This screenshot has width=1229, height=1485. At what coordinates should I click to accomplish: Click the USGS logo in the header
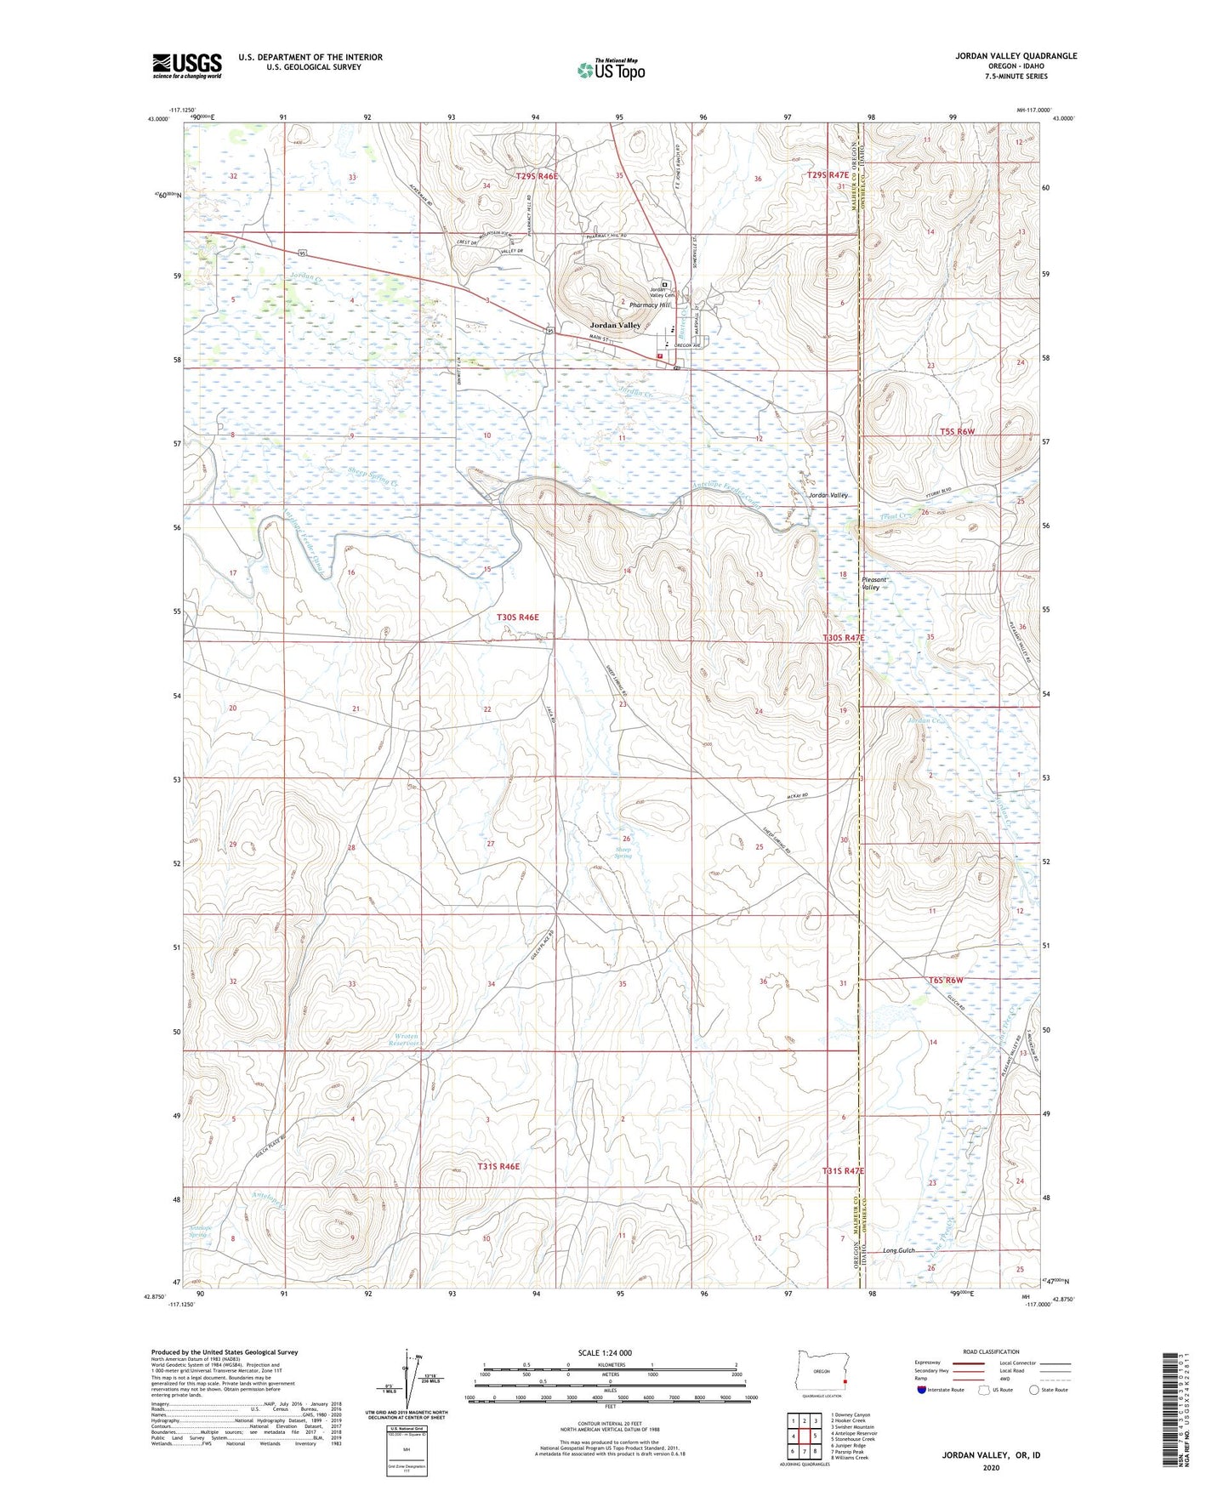click(x=186, y=65)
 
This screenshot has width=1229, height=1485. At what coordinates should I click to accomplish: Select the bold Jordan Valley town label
click(x=617, y=326)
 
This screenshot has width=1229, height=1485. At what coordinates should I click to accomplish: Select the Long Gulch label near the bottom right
click(x=902, y=1250)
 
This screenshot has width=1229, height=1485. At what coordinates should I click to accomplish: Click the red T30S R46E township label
click(x=518, y=617)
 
